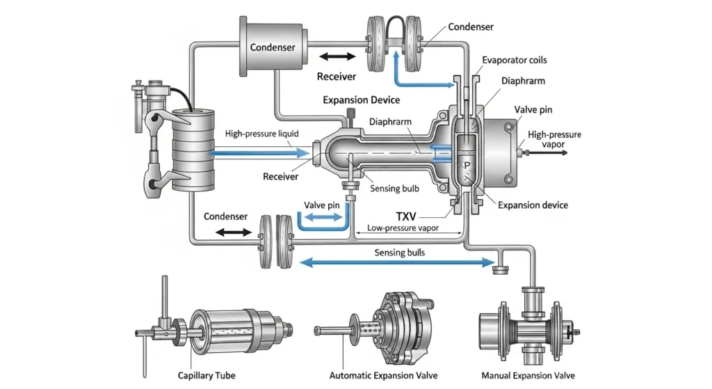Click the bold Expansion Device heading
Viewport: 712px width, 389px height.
pos(361,100)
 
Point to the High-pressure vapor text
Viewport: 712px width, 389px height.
pos(554,139)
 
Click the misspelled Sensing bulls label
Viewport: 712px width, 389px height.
pos(400,252)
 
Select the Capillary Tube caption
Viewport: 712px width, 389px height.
pos(206,375)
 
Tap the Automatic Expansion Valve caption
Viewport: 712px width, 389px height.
pos(383,375)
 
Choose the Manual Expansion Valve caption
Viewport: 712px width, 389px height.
pos(528,375)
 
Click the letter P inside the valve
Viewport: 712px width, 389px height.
pos(466,166)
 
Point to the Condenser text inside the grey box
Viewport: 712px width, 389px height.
pos(273,47)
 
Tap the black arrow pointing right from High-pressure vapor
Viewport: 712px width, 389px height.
pos(549,150)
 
